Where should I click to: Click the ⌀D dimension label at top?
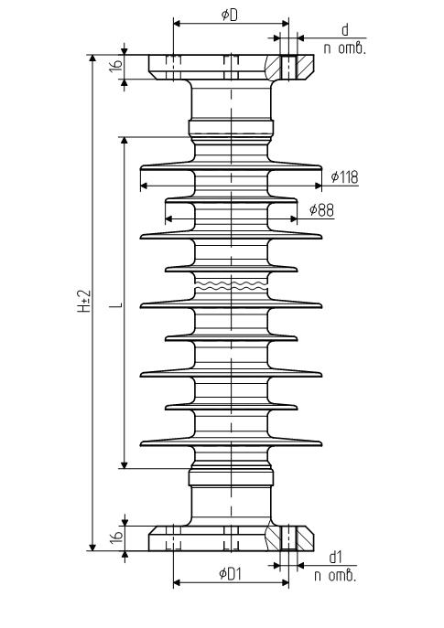(x=230, y=16)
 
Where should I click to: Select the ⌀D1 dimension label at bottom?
(x=231, y=574)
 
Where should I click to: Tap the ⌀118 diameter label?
(x=344, y=176)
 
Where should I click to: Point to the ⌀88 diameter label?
(x=321, y=210)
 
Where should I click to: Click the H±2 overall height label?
(x=84, y=301)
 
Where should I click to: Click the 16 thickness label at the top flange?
(x=115, y=66)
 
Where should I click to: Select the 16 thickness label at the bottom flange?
(x=115, y=538)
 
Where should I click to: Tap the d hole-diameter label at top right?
(x=345, y=29)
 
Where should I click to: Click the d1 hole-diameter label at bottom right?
(x=335, y=557)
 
